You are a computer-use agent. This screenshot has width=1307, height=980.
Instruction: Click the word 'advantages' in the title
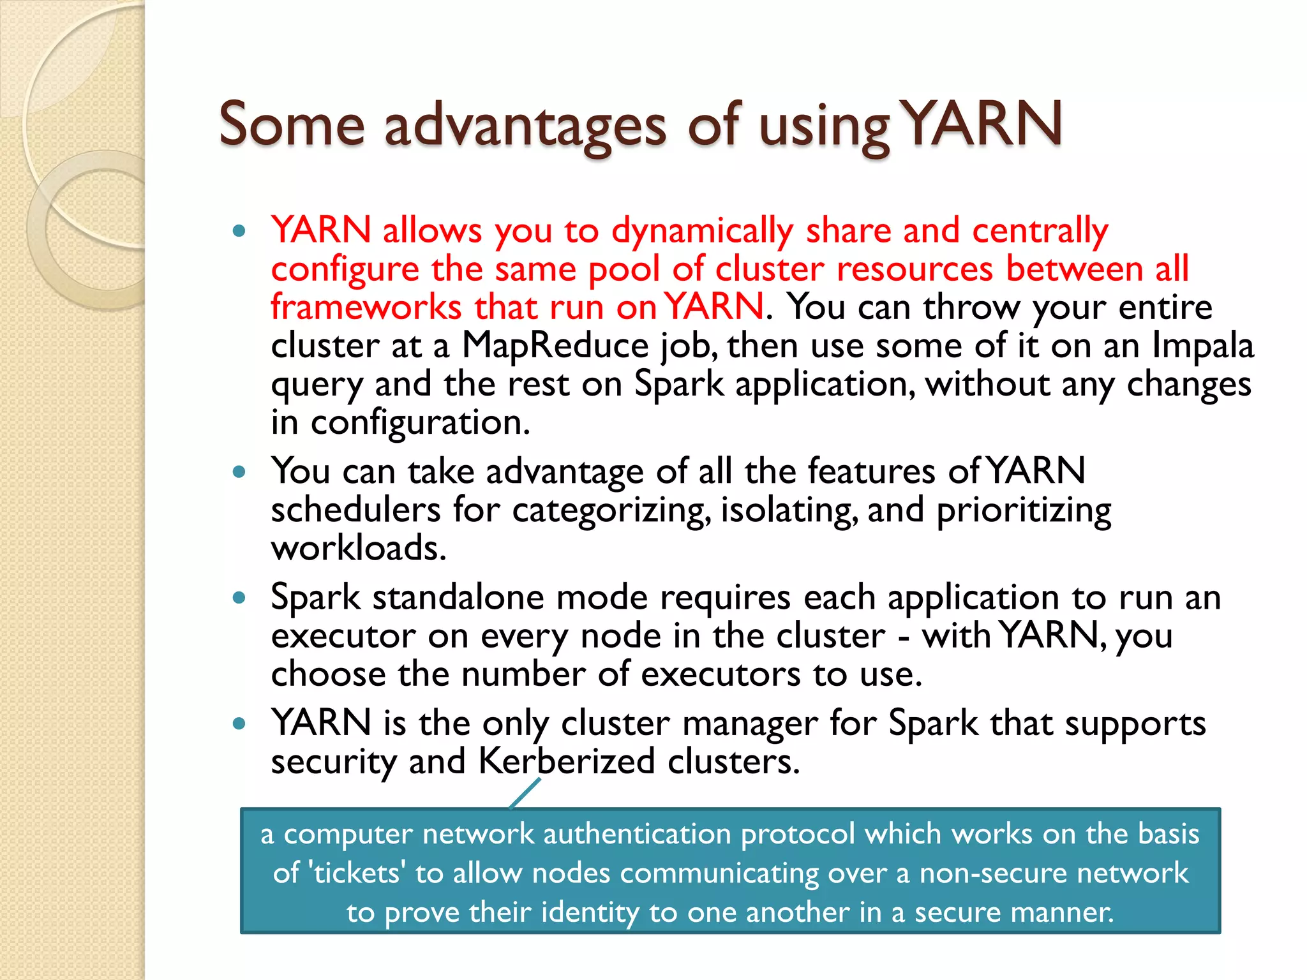(x=525, y=126)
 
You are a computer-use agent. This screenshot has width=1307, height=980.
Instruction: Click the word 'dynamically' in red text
(x=702, y=231)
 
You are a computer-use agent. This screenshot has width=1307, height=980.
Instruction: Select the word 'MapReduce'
(x=555, y=346)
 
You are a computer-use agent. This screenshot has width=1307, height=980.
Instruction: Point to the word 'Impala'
(x=1202, y=346)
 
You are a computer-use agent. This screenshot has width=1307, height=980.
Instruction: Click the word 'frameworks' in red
(x=366, y=308)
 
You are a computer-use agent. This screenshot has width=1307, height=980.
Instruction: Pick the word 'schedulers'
(x=355, y=510)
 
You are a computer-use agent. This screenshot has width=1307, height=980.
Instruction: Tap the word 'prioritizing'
(x=1024, y=510)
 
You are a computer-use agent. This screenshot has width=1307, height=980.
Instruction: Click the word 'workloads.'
(x=359, y=549)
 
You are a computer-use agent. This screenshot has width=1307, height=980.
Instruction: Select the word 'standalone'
(x=458, y=598)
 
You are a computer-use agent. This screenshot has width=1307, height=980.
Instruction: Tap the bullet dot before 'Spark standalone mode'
(x=239, y=598)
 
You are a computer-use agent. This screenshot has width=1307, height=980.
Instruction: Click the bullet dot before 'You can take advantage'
(x=239, y=472)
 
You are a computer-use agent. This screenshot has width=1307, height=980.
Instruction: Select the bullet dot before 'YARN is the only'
(x=239, y=724)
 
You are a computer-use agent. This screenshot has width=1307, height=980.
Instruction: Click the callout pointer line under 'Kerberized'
(x=525, y=794)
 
